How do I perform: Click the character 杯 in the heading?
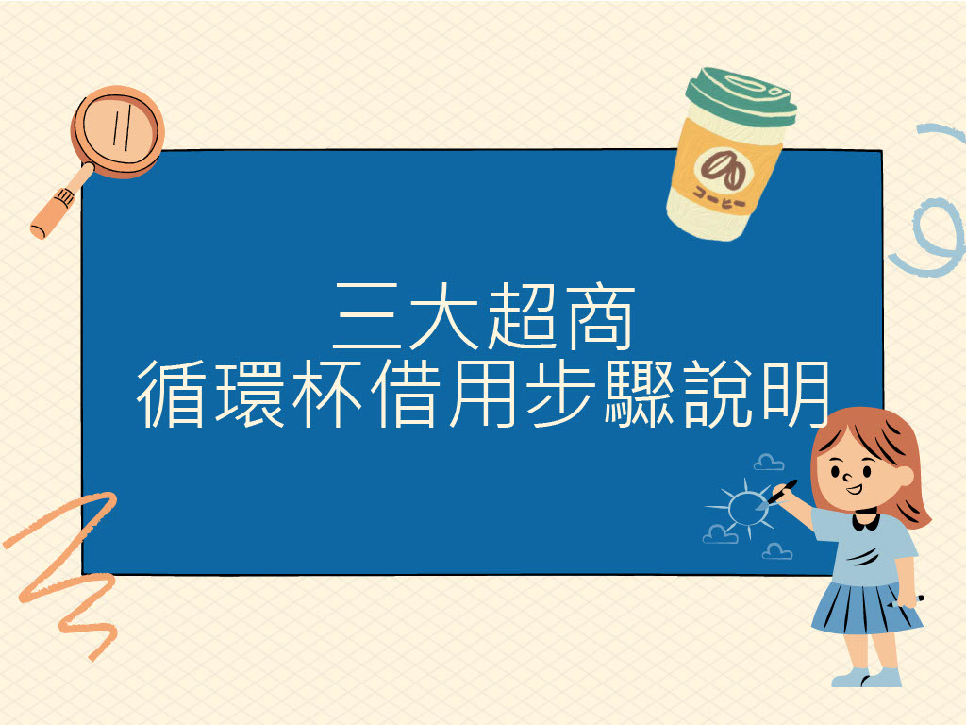(327, 395)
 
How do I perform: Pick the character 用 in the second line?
(482, 395)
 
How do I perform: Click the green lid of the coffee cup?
(741, 95)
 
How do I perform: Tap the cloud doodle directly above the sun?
(769, 463)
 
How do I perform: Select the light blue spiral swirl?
(934, 227)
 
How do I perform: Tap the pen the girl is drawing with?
(782, 491)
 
